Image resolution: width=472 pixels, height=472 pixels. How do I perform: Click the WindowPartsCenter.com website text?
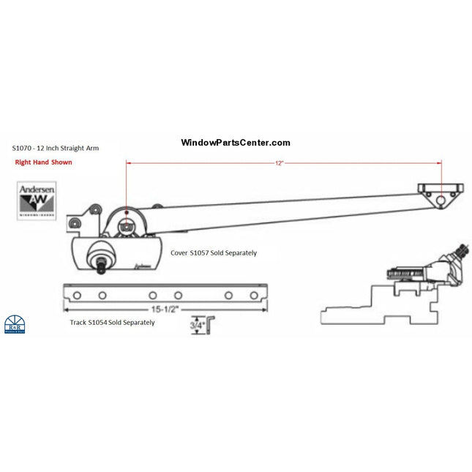235,143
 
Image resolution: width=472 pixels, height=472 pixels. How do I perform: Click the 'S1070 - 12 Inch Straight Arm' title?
56,148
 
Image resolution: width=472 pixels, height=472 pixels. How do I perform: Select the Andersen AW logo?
37,200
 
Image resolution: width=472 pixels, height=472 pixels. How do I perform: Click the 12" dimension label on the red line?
279,162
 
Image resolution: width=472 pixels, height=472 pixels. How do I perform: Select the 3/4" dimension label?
197,322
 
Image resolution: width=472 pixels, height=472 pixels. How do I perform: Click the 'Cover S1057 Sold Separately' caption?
214,252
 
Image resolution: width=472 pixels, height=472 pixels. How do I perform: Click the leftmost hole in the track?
76,295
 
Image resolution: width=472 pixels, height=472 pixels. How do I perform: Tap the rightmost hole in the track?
254,295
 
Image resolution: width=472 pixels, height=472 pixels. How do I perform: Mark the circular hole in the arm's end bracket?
441,200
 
